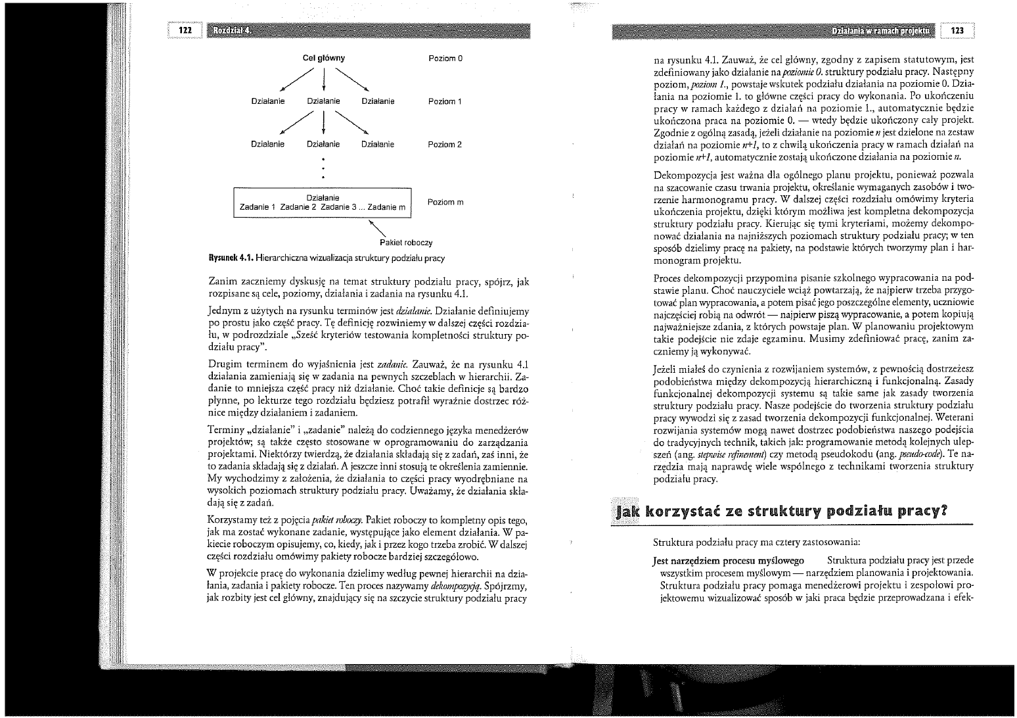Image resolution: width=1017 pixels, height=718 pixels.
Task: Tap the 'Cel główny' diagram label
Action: (x=323, y=59)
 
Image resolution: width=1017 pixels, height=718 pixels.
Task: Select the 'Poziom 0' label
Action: (x=445, y=59)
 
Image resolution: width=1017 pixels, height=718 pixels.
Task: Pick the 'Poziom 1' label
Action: (x=445, y=101)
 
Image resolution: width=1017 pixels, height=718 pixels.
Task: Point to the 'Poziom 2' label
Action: (x=445, y=145)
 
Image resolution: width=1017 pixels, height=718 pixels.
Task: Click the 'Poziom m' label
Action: (x=445, y=202)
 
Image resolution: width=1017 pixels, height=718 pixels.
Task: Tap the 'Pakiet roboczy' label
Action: (x=406, y=243)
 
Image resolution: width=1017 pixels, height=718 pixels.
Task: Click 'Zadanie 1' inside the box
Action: (x=258, y=207)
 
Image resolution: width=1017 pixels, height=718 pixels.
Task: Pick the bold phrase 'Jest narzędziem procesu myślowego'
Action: (x=729, y=560)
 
